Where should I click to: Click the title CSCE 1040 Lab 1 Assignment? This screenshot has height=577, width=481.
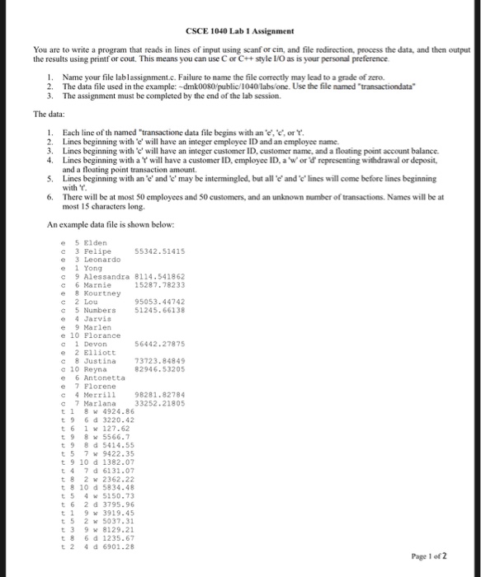240,29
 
